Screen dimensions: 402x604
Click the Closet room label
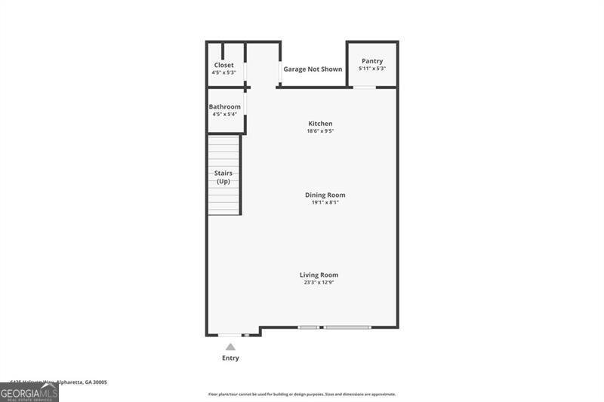[223, 65]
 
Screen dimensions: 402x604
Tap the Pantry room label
[372, 61]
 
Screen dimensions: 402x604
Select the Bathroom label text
[225, 107]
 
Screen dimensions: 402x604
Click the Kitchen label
[320, 124]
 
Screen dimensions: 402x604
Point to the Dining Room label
[325, 195]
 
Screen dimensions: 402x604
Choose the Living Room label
[319, 275]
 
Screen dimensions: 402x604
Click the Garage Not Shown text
[313, 69]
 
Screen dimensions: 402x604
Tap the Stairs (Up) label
[223, 177]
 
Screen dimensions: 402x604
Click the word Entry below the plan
[230, 358]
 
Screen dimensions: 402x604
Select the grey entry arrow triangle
[230, 347]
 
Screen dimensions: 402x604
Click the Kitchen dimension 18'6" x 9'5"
[320, 131]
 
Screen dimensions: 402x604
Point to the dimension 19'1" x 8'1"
[325, 202]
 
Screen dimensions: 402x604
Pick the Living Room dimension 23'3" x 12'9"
[319, 283]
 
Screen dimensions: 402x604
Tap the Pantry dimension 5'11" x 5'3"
[372, 69]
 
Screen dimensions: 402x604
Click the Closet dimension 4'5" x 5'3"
[223, 72]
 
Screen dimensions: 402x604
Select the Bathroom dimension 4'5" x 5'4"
[225, 115]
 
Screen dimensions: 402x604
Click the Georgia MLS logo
[29, 393]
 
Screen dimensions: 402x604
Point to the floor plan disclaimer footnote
[302, 394]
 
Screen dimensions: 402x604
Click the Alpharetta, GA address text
[59, 382]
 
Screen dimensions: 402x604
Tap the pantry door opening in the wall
[365, 87]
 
